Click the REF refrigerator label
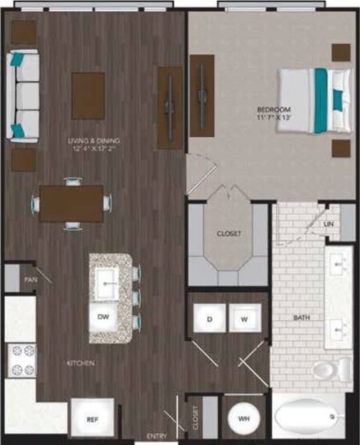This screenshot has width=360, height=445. click(92, 419)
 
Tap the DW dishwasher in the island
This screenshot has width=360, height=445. click(102, 316)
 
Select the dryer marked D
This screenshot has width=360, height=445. click(209, 320)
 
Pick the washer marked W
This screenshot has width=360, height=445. click(243, 320)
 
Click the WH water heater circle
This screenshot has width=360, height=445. click(243, 418)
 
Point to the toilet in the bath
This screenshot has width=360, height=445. click(333, 369)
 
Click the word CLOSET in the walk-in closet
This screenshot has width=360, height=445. click(229, 234)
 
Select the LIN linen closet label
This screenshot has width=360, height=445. click(328, 224)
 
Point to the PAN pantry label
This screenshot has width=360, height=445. click(30, 279)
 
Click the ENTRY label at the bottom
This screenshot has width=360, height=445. click(157, 437)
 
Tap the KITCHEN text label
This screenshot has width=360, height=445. click(81, 363)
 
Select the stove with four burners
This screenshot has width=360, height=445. click(21, 360)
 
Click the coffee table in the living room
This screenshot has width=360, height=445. click(88, 95)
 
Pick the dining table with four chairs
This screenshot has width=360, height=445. click(71, 203)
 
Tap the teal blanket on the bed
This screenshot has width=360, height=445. click(321, 100)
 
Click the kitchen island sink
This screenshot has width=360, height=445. click(109, 283)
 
